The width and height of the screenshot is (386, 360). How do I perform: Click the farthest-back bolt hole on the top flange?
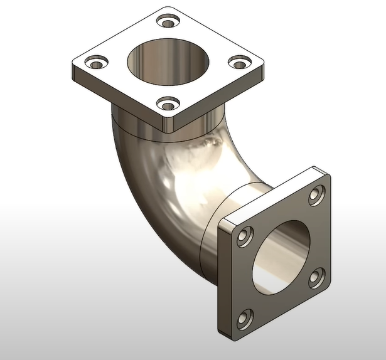click(x=168, y=23)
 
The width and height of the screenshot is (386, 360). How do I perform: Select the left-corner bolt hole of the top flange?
click(x=95, y=63)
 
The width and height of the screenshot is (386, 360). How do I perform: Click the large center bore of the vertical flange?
click(x=281, y=255)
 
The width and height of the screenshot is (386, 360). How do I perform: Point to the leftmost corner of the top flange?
click(x=72, y=65)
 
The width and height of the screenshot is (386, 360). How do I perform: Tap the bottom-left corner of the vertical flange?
click(x=220, y=331)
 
